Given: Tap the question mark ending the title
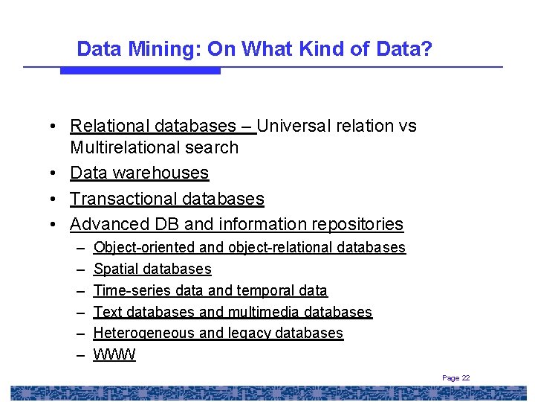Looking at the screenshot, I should click(x=427, y=49).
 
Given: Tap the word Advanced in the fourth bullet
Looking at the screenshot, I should click(x=106, y=224).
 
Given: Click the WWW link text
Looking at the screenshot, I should click(x=114, y=355).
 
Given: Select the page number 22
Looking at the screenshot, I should click(x=465, y=378).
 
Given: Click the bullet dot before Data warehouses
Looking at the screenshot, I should click(x=56, y=173).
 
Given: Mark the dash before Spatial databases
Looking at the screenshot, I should click(x=80, y=269).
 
